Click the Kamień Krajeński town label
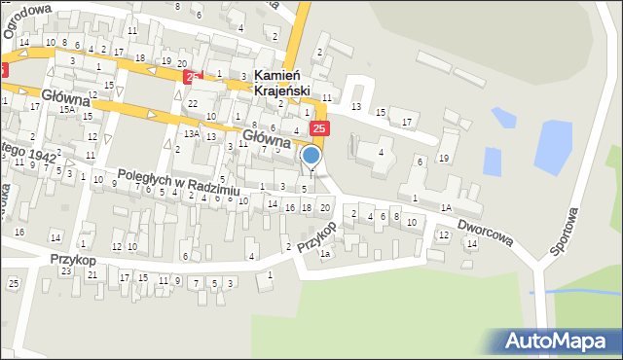click(x=281, y=83)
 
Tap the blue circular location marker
click(x=311, y=156)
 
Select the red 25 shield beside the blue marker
click(x=321, y=128)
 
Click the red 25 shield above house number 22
click(x=193, y=76)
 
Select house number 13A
click(x=193, y=133)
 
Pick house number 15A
click(x=66, y=110)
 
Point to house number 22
click(x=193, y=103)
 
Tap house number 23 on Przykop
click(x=65, y=271)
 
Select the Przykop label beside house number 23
click(x=74, y=260)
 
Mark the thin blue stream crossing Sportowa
click(x=574, y=290)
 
